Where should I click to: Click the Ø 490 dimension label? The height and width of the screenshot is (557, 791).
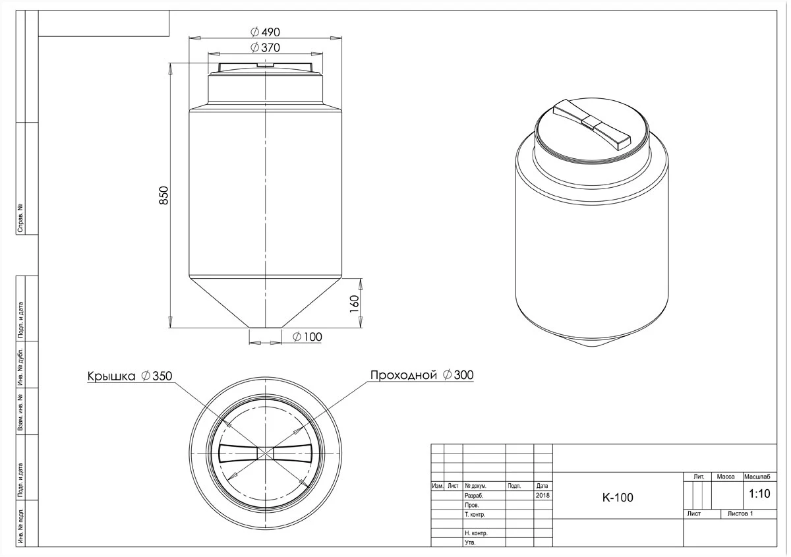pyautogui.click(x=265, y=32)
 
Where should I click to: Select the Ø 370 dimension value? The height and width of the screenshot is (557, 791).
pyautogui.click(x=265, y=47)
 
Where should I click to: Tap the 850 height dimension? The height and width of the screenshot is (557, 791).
pyautogui.click(x=164, y=195)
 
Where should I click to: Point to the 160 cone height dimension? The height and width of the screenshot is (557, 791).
pyautogui.click(x=354, y=304)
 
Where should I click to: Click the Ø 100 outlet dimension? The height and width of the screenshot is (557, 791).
pyautogui.click(x=307, y=337)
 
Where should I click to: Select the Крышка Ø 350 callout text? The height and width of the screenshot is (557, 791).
pyautogui.click(x=130, y=376)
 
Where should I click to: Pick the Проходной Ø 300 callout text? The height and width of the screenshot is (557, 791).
pyautogui.click(x=422, y=375)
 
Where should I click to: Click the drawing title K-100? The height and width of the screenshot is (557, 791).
pyautogui.click(x=618, y=497)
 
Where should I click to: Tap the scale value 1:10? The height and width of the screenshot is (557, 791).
pyautogui.click(x=759, y=494)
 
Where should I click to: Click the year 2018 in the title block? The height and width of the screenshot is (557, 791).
pyautogui.click(x=542, y=495)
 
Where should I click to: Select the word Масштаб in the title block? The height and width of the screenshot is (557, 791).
pyautogui.click(x=757, y=477)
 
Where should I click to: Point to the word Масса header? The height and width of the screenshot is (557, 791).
pyautogui.click(x=726, y=477)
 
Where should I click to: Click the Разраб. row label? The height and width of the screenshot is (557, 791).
pyautogui.click(x=474, y=496)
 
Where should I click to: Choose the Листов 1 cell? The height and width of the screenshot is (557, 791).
pyautogui.click(x=740, y=513)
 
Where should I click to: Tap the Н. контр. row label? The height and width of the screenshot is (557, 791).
pyautogui.click(x=476, y=533)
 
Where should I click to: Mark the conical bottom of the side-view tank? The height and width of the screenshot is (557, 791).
pyautogui.click(x=265, y=303)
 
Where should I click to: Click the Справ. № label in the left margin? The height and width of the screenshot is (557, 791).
pyautogui.click(x=20, y=218)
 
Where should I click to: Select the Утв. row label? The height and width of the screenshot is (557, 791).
pyautogui.click(x=471, y=542)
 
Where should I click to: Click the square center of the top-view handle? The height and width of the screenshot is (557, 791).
pyautogui.click(x=265, y=453)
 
